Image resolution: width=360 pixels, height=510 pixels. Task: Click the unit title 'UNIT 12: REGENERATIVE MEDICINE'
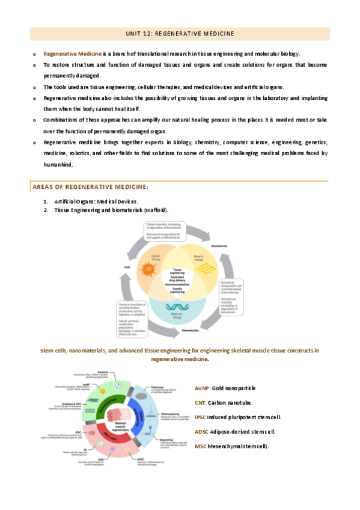[x=180, y=33]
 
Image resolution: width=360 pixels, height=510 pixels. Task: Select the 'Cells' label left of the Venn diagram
[x=127, y=266]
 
